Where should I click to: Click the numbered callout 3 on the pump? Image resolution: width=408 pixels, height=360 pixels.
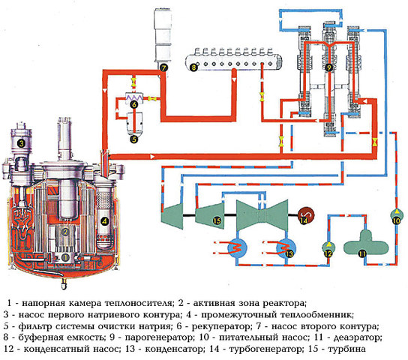(x=22, y=143)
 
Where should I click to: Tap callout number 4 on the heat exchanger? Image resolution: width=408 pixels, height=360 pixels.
(x=105, y=221)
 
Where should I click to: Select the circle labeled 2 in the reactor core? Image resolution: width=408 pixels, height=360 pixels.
(x=65, y=232)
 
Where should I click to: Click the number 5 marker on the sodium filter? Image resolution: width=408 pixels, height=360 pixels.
(x=134, y=138)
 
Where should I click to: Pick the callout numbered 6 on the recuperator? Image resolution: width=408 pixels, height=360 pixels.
(x=134, y=106)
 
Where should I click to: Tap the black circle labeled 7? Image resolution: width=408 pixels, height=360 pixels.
(x=163, y=67)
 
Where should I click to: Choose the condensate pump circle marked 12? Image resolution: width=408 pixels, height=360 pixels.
(x=328, y=253)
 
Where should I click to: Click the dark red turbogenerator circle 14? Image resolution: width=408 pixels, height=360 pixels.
(x=305, y=219)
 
